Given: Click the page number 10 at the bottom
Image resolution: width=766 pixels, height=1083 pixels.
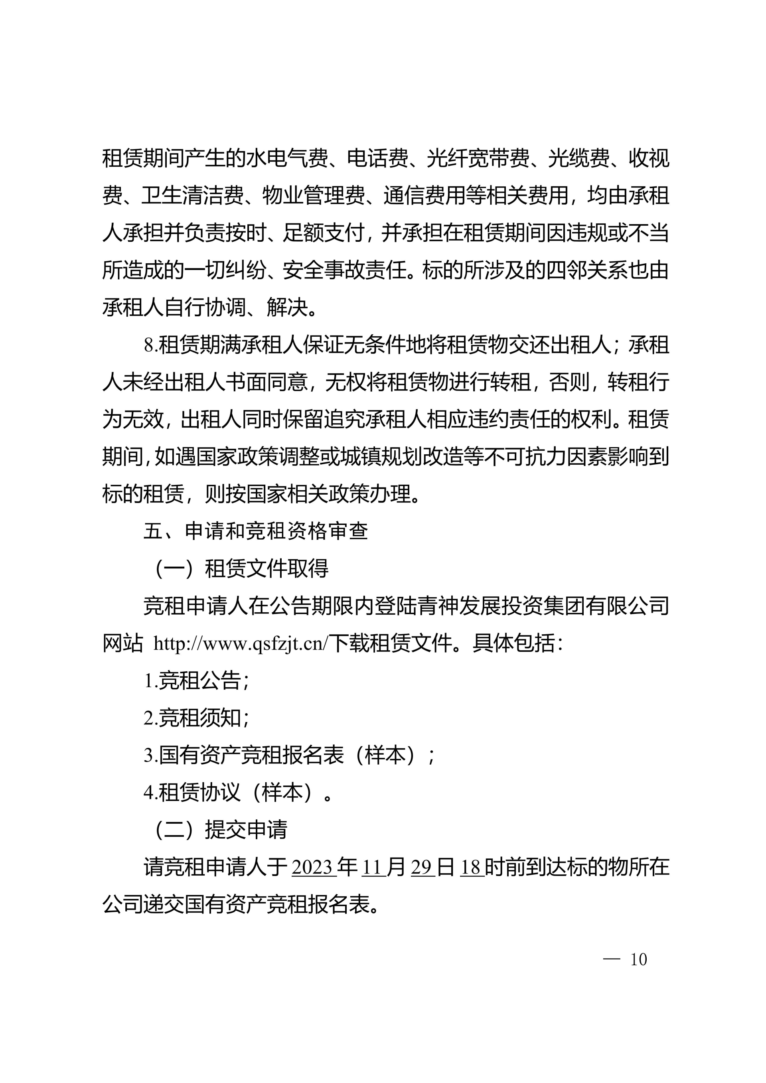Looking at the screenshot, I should pos(638,959).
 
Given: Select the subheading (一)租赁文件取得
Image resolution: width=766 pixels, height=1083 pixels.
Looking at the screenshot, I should pos(241,569).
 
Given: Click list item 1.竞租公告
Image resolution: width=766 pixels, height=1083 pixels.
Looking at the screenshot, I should pos(196,681).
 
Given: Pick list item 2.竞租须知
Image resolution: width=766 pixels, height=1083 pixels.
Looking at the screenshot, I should pos(196,718).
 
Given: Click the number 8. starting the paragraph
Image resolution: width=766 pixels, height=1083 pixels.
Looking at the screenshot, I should pos(150,346).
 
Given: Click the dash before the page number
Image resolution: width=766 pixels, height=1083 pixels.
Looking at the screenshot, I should pos(611,960).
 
